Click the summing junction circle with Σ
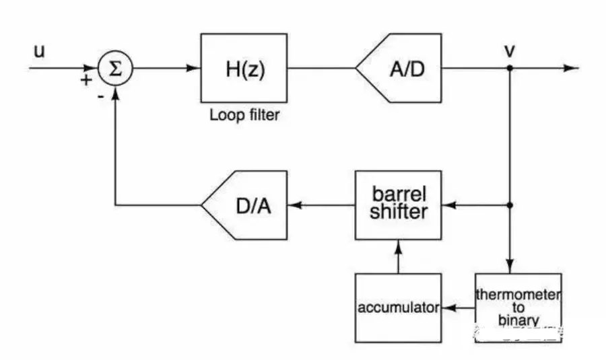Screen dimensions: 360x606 tap(116, 68)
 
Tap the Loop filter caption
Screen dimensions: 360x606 tap(244, 115)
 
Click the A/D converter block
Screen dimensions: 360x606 tap(401, 68)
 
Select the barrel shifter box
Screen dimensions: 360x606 tap(398, 205)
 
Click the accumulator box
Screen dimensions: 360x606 tap(398, 308)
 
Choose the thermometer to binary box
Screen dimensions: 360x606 tap(518, 308)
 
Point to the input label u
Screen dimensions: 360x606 tap(40, 50)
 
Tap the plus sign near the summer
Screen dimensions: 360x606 tap(86, 80)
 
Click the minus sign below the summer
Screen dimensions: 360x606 tap(100, 96)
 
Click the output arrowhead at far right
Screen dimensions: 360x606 tap(572, 68)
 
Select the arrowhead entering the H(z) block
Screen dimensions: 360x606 tap(195, 68)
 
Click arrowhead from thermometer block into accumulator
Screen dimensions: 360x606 tap(447, 308)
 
